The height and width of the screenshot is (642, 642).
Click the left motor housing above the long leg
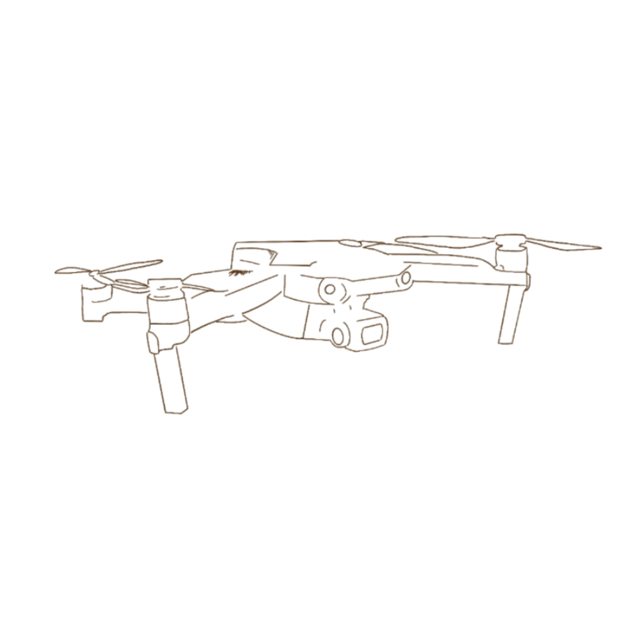click(166, 308)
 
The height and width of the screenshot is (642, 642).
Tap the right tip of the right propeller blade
click(600, 247)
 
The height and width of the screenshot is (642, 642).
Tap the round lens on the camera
click(341, 335)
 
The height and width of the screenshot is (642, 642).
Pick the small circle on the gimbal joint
click(329, 289)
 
